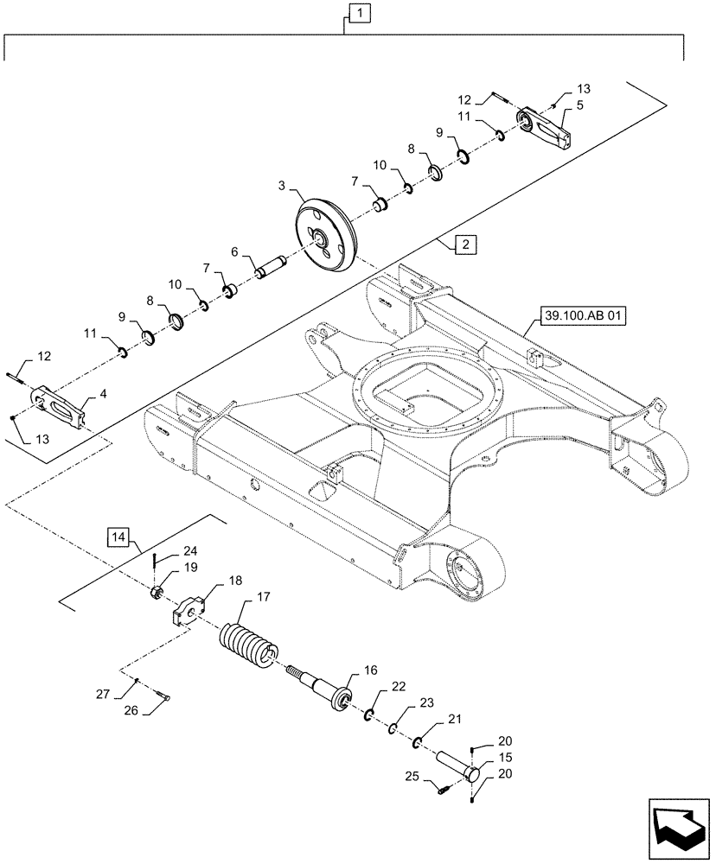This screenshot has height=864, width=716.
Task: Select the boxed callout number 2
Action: [465, 245]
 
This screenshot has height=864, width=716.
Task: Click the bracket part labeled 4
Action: [61, 406]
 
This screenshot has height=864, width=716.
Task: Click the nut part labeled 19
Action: [157, 592]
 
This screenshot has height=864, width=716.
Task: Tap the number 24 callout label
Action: [189, 551]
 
